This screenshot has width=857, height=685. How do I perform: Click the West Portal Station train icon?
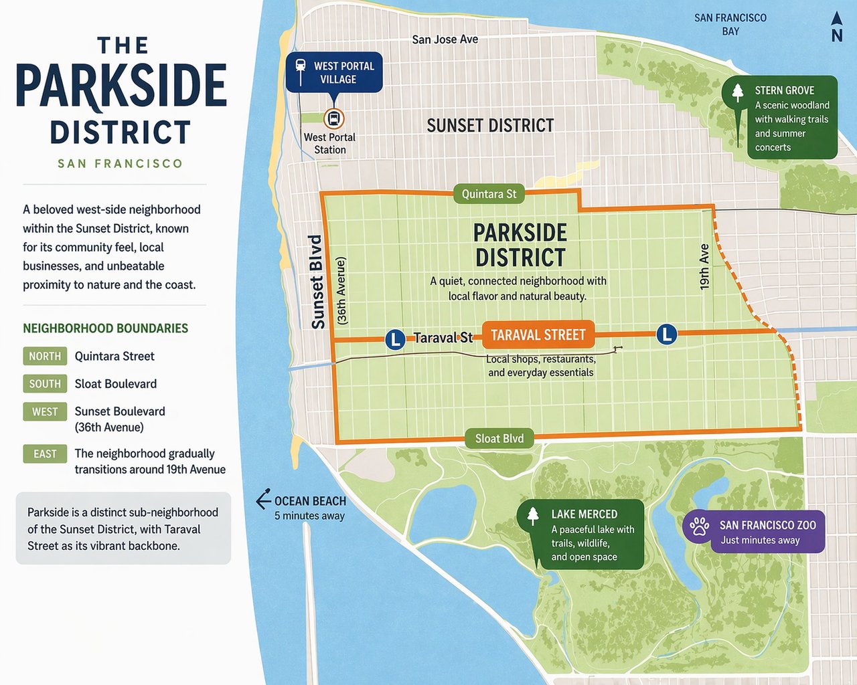(x=333, y=119)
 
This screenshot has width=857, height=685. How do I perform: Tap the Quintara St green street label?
(x=489, y=194)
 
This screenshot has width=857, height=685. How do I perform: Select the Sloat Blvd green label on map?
(x=499, y=438)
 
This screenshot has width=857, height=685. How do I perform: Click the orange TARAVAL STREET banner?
(x=538, y=335)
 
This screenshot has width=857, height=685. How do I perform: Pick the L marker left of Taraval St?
(x=395, y=339)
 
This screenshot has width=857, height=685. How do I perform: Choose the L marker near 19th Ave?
(x=666, y=334)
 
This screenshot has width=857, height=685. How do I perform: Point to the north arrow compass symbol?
(x=837, y=27)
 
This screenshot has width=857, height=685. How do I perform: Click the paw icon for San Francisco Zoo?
(x=700, y=526)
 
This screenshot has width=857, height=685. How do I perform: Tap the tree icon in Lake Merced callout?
(x=533, y=515)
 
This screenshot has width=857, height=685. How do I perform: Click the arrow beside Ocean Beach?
(x=263, y=500)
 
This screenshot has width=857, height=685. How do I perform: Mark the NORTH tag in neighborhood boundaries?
(x=45, y=356)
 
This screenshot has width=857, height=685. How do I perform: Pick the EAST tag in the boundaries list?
(x=45, y=454)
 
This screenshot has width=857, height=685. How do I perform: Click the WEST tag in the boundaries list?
(x=45, y=411)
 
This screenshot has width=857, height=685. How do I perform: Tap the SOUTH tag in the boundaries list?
(x=45, y=383)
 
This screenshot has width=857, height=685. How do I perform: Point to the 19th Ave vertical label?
(x=704, y=267)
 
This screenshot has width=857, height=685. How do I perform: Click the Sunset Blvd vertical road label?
(x=317, y=282)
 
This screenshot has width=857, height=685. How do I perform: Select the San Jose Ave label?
(x=445, y=39)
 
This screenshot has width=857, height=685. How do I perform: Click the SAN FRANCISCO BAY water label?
(x=730, y=24)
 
